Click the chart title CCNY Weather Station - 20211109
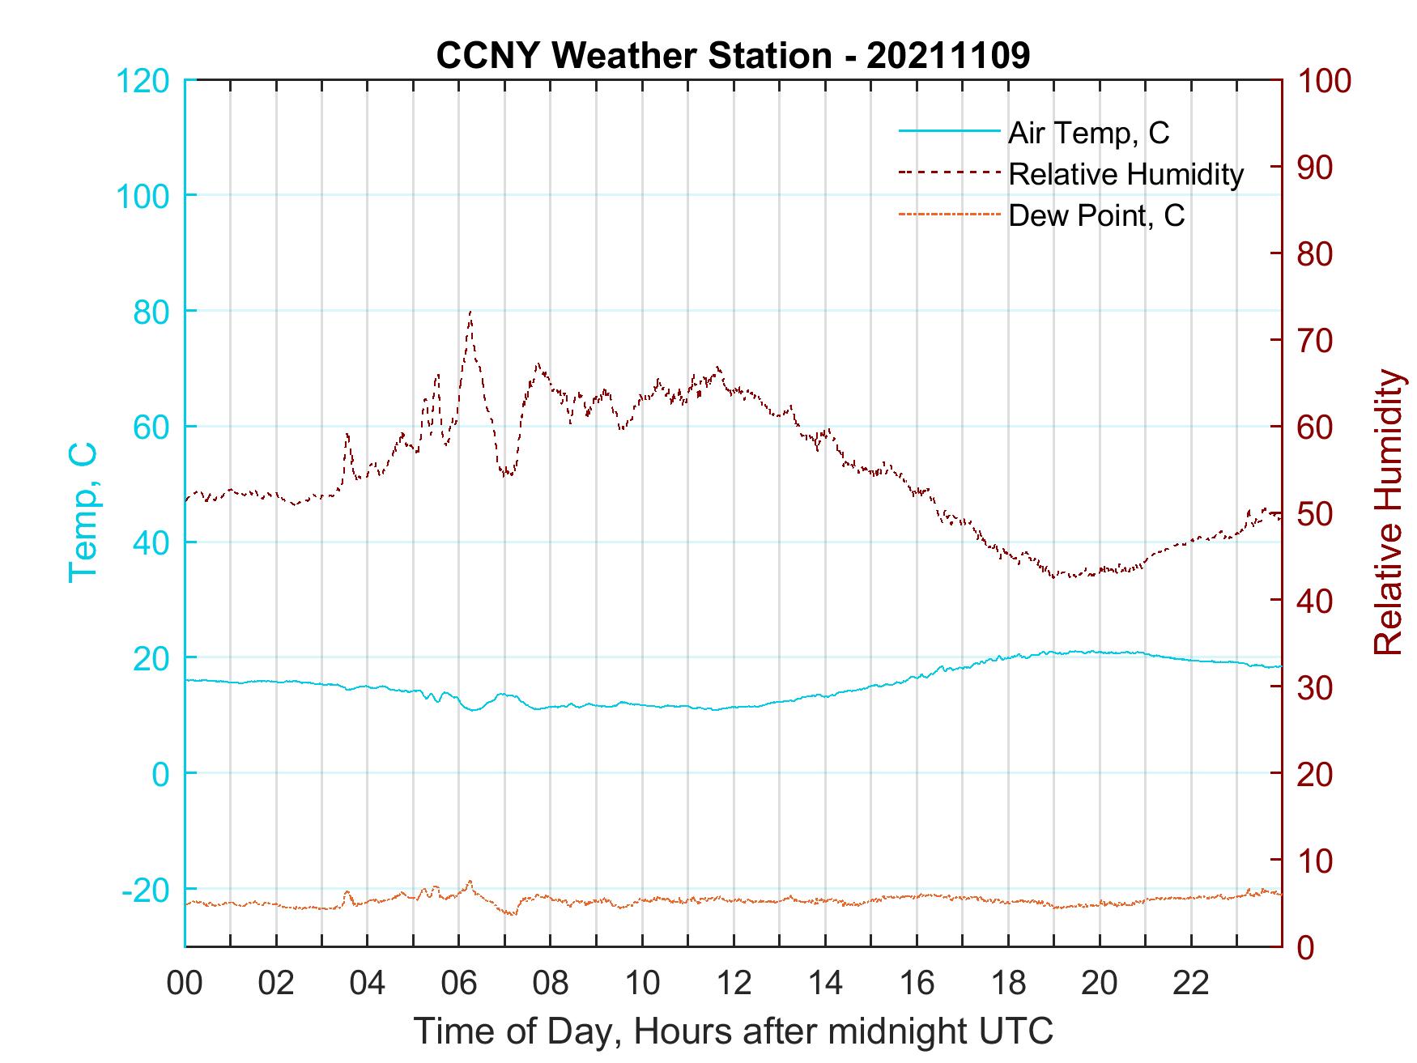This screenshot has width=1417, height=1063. pyautogui.click(x=733, y=56)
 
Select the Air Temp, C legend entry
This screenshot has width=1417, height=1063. pyautogui.click(x=1088, y=132)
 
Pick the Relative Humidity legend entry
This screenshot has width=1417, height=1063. pyautogui.click(x=1126, y=174)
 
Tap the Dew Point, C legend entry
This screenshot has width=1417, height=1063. pyautogui.click(x=1096, y=215)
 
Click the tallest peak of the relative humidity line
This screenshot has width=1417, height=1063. pyautogui.click(x=470, y=312)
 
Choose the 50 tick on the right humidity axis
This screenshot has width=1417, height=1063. pyautogui.click(x=1316, y=514)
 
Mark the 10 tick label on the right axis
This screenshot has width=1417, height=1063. pyautogui.click(x=1316, y=861)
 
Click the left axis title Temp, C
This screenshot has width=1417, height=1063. pyautogui.click(x=83, y=512)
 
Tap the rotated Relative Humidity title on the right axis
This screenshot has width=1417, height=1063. pyautogui.click(x=1388, y=512)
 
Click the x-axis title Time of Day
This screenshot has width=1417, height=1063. pyautogui.click(x=733, y=1032)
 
